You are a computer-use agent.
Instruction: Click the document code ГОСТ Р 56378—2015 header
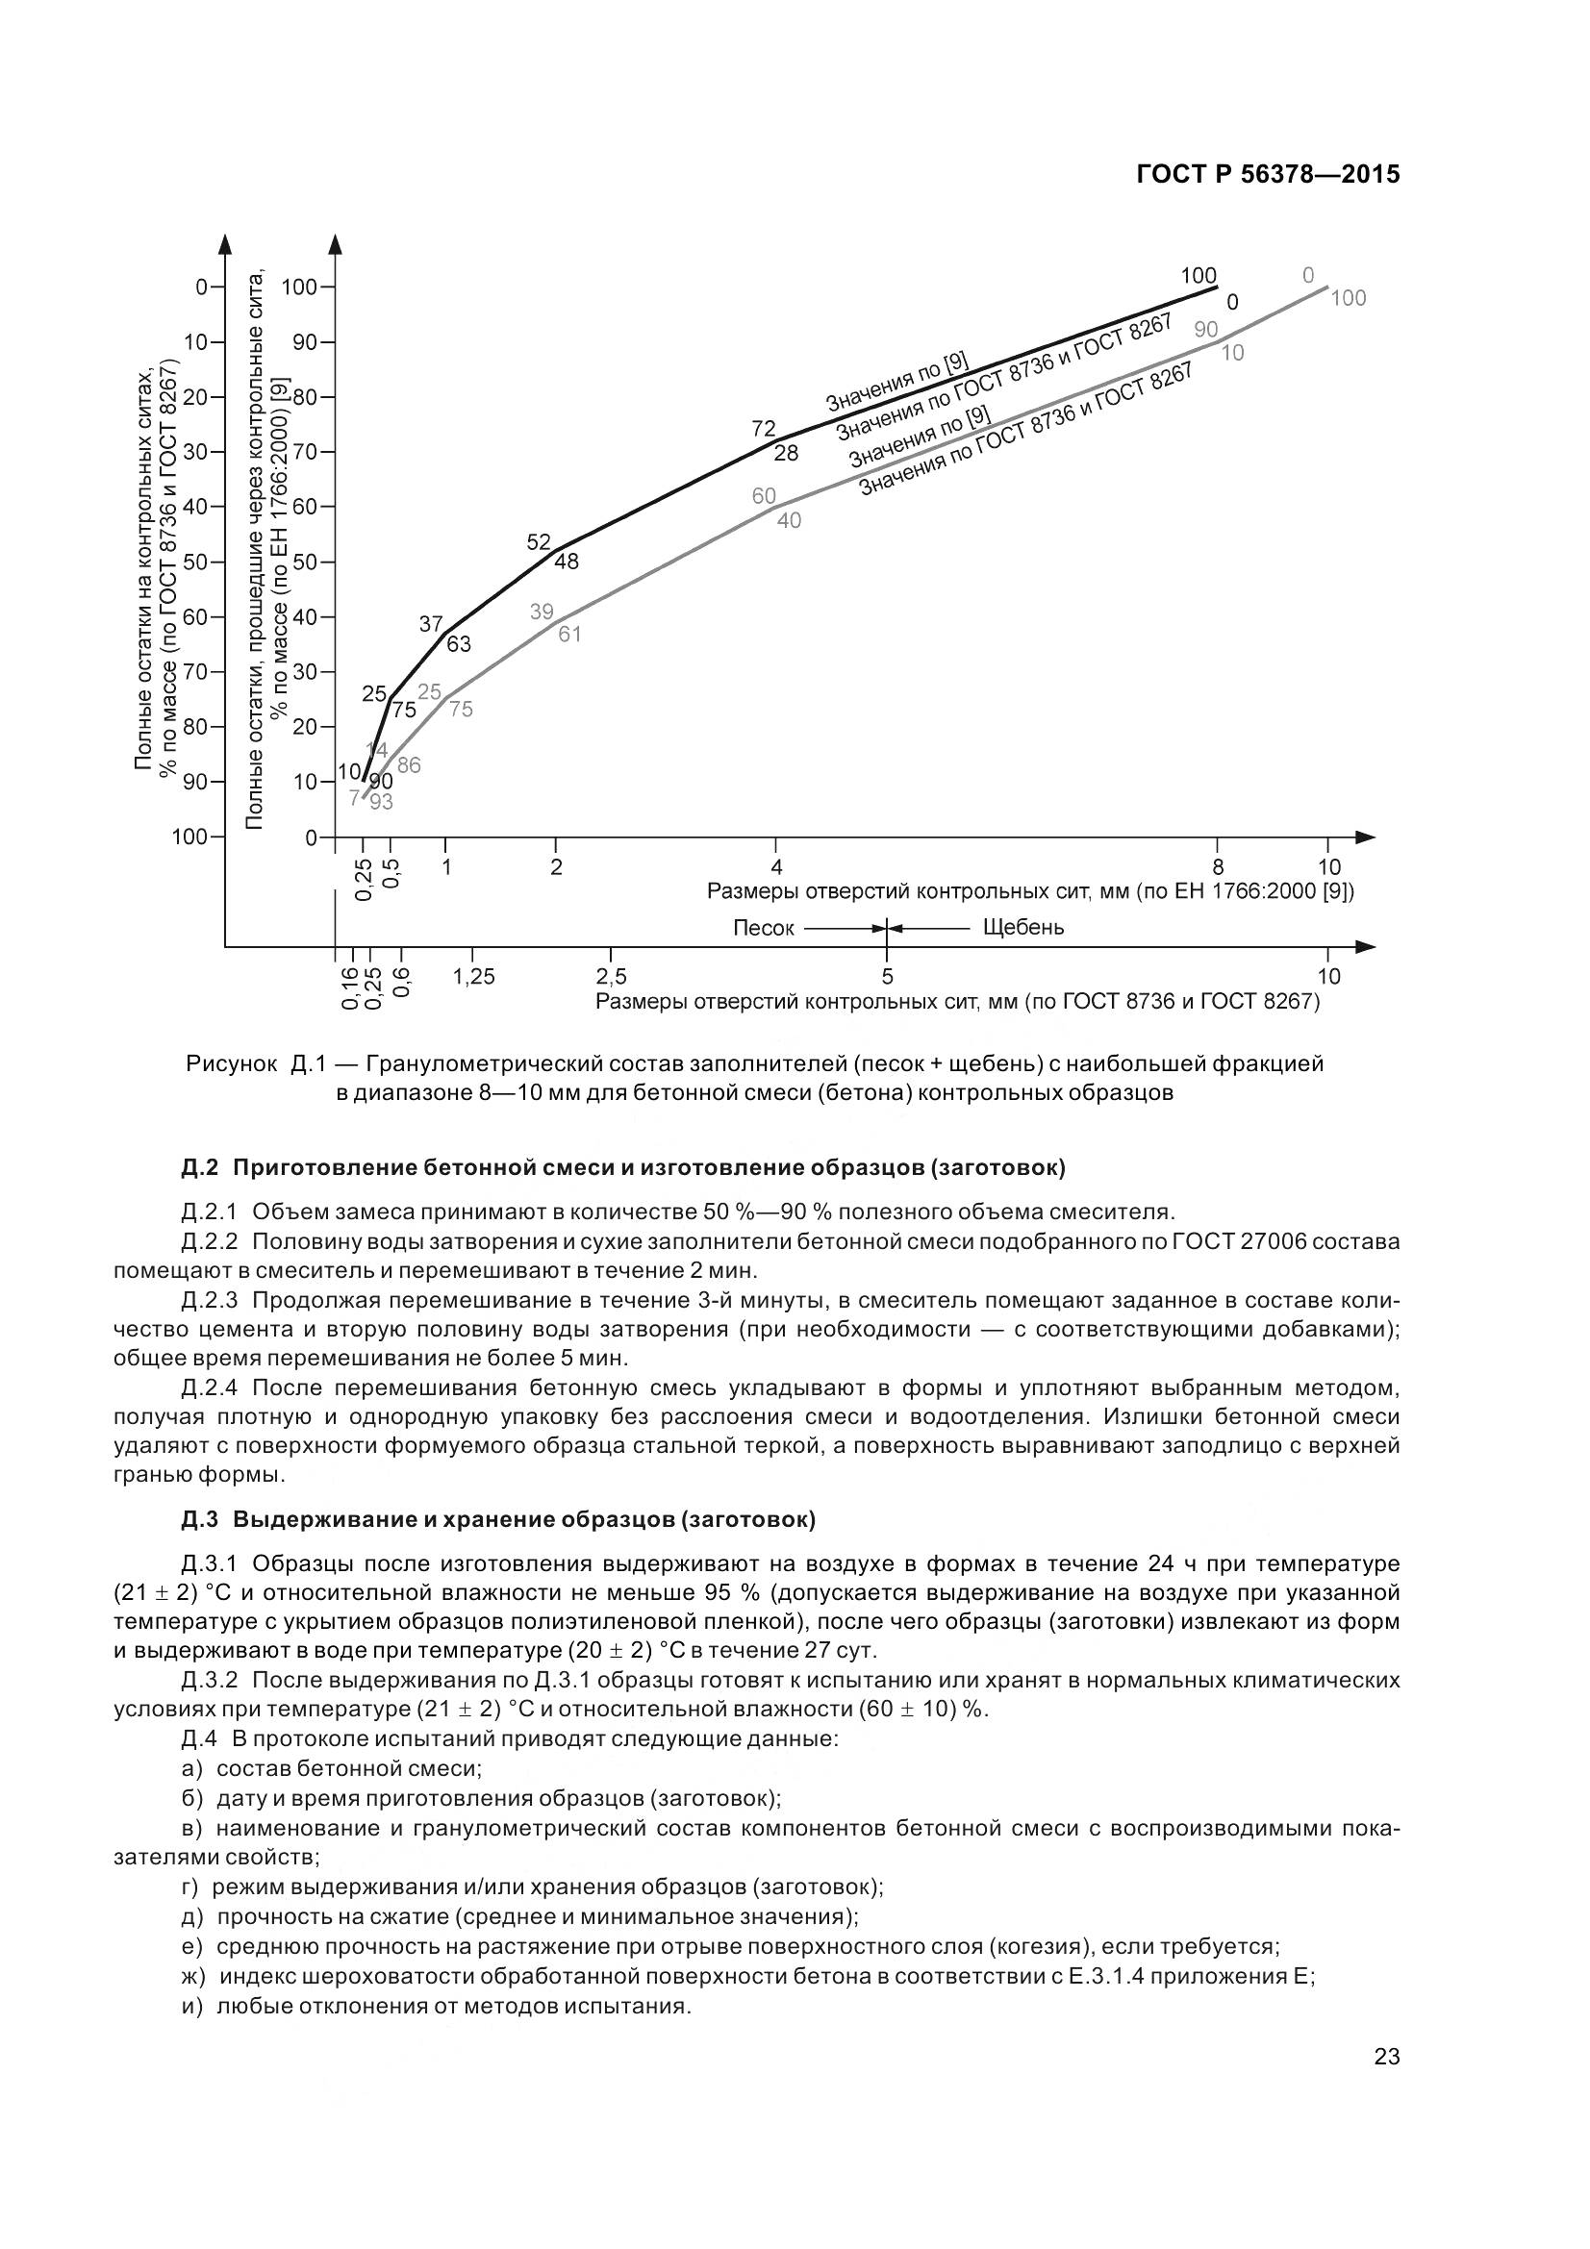click(x=1268, y=174)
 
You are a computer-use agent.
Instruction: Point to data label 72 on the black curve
click(x=763, y=429)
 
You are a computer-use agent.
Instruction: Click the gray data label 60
click(x=764, y=495)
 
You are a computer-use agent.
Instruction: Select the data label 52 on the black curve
click(x=539, y=541)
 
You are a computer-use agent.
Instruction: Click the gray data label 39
click(x=542, y=612)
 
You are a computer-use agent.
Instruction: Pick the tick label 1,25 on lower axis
click(x=474, y=977)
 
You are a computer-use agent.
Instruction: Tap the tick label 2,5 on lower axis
click(x=612, y=977)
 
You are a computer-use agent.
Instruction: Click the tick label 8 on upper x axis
click(x=1218, y=867)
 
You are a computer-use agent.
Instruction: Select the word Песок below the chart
click(x=763, y=928)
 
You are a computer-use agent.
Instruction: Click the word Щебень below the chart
click(x=1022, y=927)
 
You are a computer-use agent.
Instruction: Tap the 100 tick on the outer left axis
click(x=189, y=837)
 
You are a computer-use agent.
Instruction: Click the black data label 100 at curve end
click(x=1199, y=275)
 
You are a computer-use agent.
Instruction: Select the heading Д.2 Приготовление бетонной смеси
click(x=623, y=1167)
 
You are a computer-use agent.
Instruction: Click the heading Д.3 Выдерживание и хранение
click(x=497, y=1519)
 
